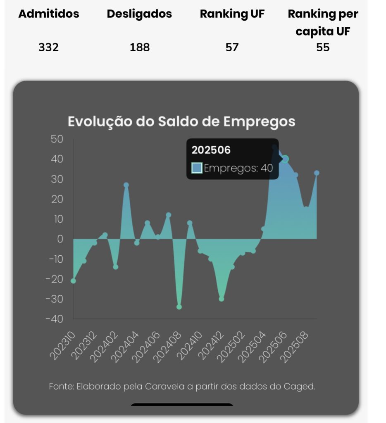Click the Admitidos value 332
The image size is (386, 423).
tap(49, 47)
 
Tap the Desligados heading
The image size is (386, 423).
tap(139, 14)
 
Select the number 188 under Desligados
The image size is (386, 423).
tap(140, 47)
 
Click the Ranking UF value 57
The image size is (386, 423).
tap(232, 47)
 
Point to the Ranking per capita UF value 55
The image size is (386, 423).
tap(323, 47)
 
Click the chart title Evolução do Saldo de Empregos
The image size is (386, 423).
tap(181, 122)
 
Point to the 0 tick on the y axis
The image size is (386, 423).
tap(60, 239)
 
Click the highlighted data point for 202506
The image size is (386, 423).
tap(285, 159)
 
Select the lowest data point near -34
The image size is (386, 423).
tap(179, 307)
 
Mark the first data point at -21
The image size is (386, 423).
tap(73, 281)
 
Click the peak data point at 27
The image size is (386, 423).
tap(126, 185)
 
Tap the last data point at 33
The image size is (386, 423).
tap(317, 173)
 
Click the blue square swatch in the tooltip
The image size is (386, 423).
tap(197, 168)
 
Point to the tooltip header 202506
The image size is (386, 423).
tap(211, 150)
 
